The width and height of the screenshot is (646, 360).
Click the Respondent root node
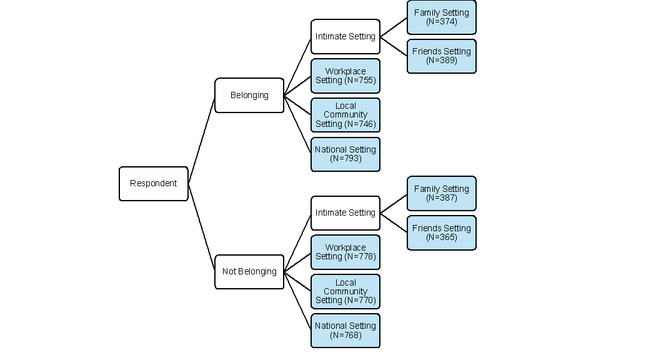click(153, 184)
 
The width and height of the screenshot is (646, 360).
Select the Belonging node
click(249, 96)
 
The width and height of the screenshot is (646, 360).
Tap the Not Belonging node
click(249, 272)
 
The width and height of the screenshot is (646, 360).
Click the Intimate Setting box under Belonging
click(345, 37)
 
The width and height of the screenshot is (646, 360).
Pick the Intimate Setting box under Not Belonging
click(345, 213)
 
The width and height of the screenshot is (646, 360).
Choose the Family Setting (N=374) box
click(441, 17)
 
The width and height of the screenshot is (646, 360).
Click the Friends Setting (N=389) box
click(441, 56)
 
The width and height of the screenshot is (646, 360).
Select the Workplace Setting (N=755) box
click(345, 76)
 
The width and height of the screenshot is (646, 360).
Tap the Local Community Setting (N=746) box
click(345, 115)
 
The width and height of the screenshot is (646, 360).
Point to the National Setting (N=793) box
click(345, 154)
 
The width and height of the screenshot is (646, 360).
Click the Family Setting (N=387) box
click(441, 194)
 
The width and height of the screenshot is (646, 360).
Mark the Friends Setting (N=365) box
click(441, 233)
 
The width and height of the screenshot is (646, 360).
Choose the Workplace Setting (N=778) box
click(345, 252)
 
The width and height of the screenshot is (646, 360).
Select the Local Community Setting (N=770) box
click(345, 291)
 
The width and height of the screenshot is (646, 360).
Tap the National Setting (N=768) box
click(345, 331)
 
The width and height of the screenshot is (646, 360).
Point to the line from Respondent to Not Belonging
click(201, 227)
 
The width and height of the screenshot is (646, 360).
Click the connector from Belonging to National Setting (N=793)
click(297, 125)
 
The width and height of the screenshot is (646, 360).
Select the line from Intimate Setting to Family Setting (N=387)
click(394, 203)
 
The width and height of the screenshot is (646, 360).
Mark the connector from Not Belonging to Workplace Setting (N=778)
click(297, 262)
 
